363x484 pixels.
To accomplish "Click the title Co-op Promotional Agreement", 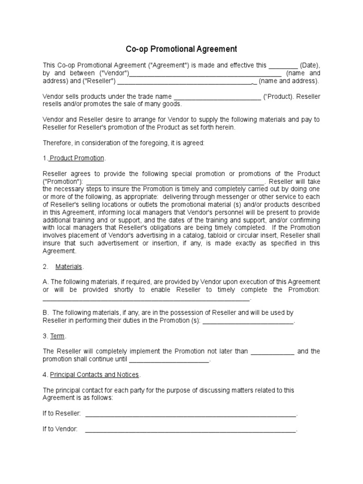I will pos(181,49).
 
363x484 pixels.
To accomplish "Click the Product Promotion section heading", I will pos(77,158).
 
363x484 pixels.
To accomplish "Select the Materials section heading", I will pos(69,267).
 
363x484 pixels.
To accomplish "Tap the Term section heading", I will pos(57,336).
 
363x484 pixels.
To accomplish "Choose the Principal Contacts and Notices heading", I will pos(94,375).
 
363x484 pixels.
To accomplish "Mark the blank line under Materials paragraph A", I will pos(146,299).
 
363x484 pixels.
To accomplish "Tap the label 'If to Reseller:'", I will pos(62,414).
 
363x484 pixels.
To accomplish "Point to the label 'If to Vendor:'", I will pos(60,430).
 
